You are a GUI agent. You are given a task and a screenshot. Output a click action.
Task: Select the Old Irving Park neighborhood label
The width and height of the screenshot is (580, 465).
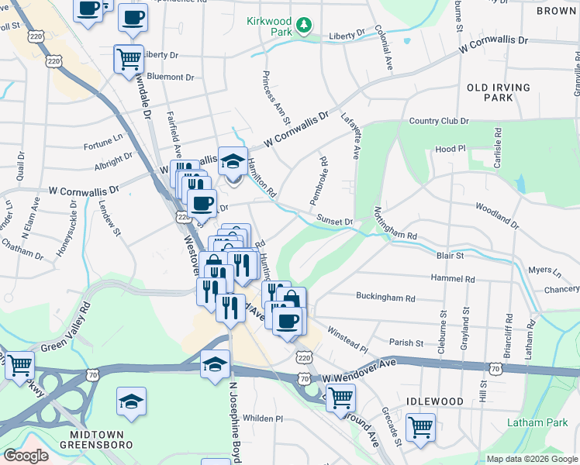click(499, 93)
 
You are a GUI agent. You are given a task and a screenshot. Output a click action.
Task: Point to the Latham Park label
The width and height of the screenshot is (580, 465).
click(537, 422)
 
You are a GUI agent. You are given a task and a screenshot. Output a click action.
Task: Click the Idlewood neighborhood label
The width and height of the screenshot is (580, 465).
click(435, 401)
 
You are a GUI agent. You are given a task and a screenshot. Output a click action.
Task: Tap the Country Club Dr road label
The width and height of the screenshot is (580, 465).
click(439, 121)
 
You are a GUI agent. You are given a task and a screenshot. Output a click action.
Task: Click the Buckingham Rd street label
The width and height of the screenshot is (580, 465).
click(385, 297)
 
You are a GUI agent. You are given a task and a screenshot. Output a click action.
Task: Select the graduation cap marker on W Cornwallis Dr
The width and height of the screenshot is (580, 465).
click(233, 161)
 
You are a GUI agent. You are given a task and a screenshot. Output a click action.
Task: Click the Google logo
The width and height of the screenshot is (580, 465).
click(26, 456)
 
